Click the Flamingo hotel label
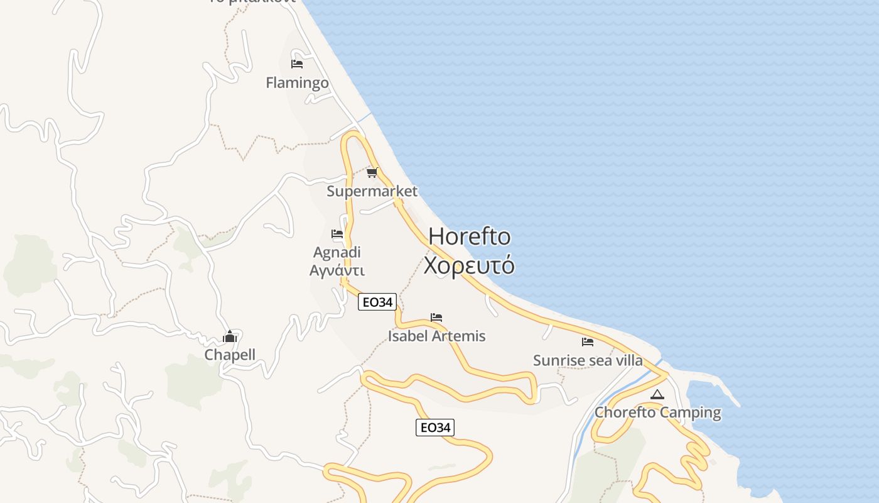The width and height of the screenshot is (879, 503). pos(297,82)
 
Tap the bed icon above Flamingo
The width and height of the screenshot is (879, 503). pos(297,64)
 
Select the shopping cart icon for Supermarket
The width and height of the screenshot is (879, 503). pos(372,172)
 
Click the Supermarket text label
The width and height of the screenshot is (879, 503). pos(372,191)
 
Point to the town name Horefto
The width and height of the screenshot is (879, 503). pos(469,236)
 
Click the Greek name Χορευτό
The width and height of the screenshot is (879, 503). pos(469,265)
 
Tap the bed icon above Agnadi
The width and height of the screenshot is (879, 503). pos(337,234)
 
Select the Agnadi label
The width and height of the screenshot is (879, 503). pos(337,252)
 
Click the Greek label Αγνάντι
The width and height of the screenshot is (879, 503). pos(337,270)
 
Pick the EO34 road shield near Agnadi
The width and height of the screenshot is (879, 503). pos(377,302)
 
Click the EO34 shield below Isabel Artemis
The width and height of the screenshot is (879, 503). pos(434,428)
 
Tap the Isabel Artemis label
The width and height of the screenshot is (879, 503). pos(436,336)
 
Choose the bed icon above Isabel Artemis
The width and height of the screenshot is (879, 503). pos(436,318)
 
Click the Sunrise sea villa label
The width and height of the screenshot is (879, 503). pos(588,360)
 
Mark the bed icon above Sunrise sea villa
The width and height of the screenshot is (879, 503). pos(588,342)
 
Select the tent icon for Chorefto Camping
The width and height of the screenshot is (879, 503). pos(657,395)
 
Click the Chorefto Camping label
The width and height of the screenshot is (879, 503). pos(657,412)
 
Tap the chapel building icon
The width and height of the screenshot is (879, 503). pos(230,337)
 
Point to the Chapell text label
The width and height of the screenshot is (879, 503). pos(230,355)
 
